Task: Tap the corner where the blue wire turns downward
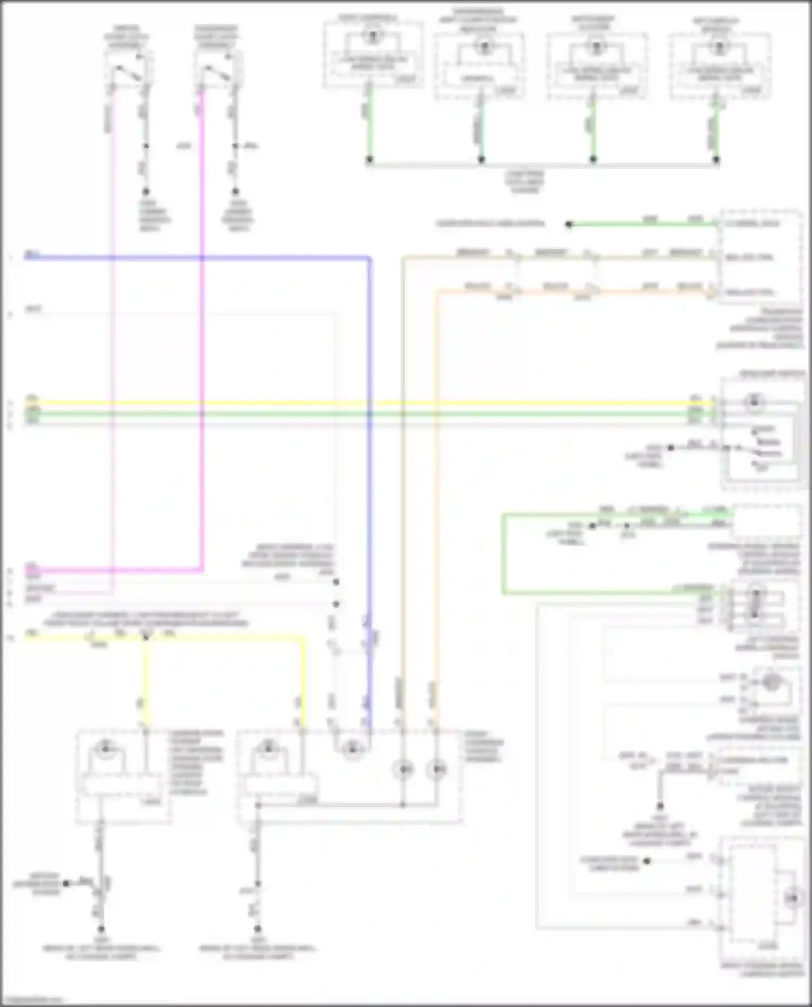pos(370,258)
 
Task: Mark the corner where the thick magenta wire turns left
pos(202,569)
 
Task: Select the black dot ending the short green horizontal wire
pos(568,224)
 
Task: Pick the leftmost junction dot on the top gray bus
pos(369,160)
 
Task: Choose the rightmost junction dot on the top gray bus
pos(716,160)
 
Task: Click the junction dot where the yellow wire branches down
pos(146,638)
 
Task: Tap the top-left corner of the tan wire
pos(403,258)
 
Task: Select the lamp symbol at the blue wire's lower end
pos(352,748)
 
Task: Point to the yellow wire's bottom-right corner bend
pos(302,638)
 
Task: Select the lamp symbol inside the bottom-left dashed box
pos(106,748)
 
